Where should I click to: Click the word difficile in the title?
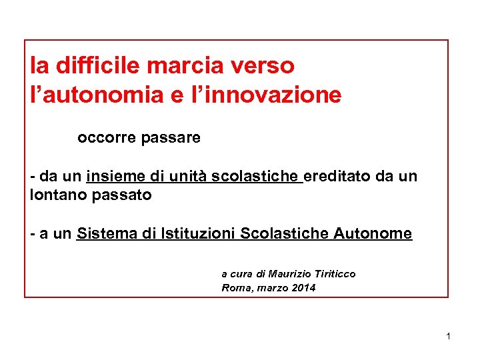pyautogui.click(x=98, y=65)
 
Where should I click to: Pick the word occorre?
pyautogui.click(x=105, y=138)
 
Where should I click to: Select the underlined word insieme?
pyautogui.click(x=116, y=176)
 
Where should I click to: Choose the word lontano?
pyautogui.click(x=56, y=195)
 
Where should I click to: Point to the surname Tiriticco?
pyautogui.click(x=334, y=274)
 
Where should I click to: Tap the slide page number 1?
pyautogui.click(x=449, y=336)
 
